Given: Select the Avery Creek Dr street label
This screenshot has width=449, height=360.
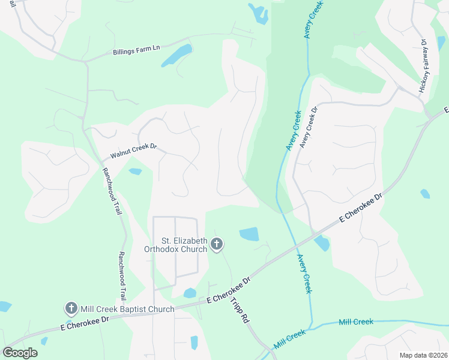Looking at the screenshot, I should (307, 127).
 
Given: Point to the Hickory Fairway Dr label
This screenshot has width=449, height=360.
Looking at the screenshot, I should (423, 65).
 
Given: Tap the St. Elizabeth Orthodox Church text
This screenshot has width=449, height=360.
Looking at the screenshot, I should (176, 245).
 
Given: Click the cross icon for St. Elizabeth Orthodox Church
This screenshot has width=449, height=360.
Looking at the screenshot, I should (217, 244).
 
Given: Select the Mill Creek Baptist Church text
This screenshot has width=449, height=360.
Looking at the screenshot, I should (127, 309).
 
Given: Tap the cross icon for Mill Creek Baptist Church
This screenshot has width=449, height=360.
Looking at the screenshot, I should (71, 309).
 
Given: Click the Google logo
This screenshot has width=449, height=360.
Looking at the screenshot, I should (20, 353).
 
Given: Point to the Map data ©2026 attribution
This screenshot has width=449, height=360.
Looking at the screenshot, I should (423, 355).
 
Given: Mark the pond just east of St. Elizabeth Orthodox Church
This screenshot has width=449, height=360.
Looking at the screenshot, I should (249, 234).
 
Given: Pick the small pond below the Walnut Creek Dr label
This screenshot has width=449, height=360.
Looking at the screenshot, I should (135, 172).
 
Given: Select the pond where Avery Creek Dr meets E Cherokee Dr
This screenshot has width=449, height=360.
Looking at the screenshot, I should (322, 243).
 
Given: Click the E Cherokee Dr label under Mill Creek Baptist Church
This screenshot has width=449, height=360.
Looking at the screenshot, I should (85, 323).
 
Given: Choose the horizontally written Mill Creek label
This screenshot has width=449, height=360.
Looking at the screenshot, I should (356, 322).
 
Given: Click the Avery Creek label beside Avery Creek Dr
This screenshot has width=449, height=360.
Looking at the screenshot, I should (293, 131).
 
